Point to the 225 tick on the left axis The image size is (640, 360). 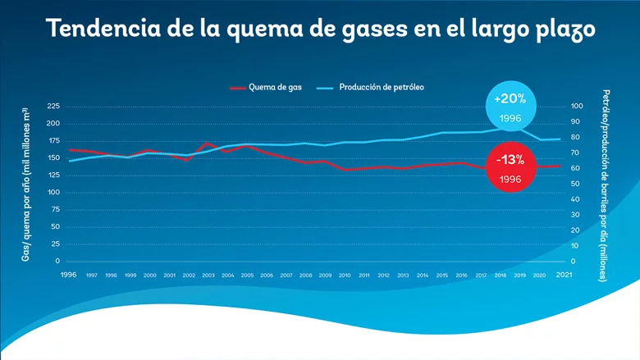[x=53, y=107]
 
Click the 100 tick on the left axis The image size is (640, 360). [x=53, y=193]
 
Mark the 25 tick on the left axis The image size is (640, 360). [x=55, y=244]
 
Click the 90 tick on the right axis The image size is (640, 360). [x=575, y=122]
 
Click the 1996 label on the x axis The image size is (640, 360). [x=69, y=275]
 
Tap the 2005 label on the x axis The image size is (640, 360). [x=247, y=276]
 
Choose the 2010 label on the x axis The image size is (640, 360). [x=345, y=276]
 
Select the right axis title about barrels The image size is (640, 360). [x=606, y=185]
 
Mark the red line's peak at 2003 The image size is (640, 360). [x=207, y=143]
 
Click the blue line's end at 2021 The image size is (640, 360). [x=560, y=139]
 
